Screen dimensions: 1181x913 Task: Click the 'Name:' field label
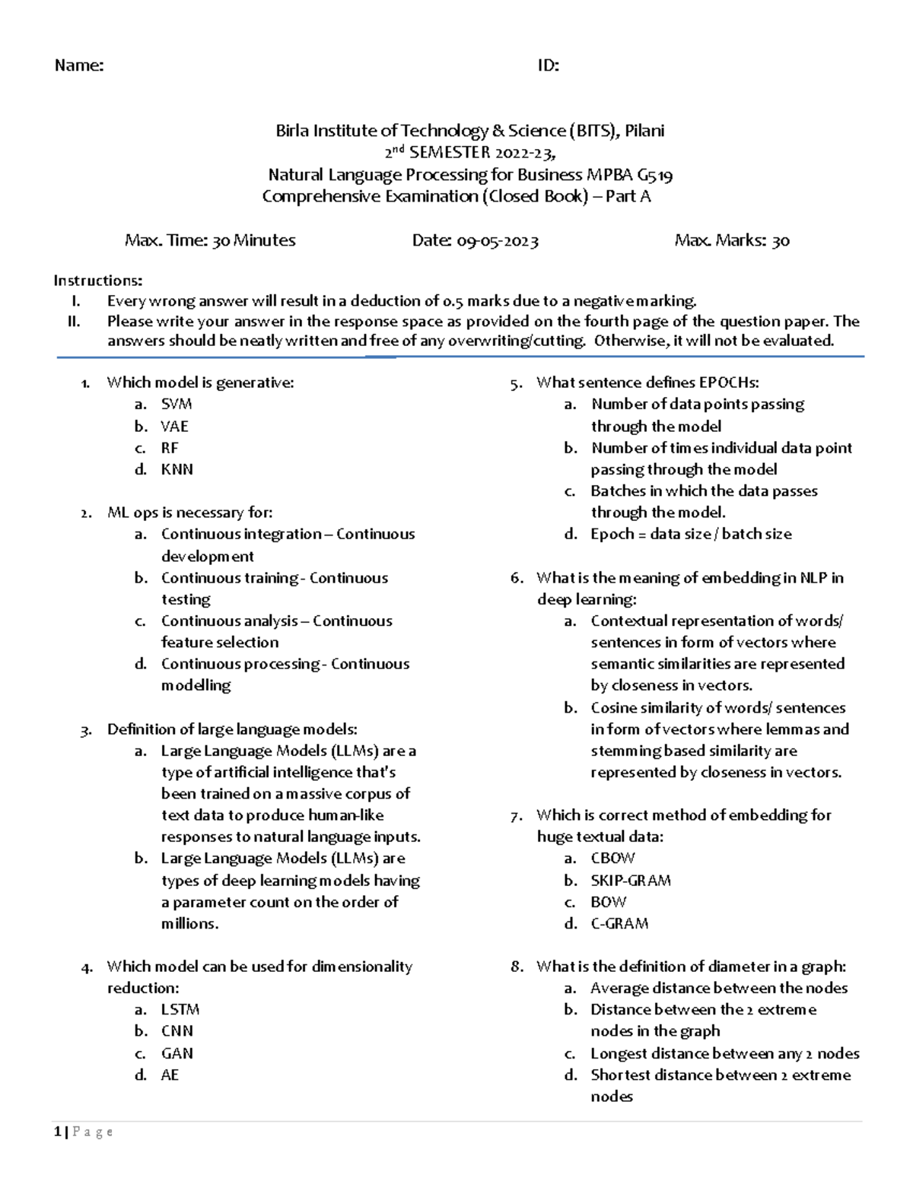point(79,65)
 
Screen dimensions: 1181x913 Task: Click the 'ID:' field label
point(548,65)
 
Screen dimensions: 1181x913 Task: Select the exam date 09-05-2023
point(498,241)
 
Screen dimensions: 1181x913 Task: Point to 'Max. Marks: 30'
point(732,241)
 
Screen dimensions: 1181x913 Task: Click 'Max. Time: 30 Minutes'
point(210,241)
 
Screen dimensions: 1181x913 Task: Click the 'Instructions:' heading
point(97,281)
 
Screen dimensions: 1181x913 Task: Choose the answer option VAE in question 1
point(174,426)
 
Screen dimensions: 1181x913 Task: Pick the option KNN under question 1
point(177,469)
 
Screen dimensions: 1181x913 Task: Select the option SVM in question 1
point(176,404)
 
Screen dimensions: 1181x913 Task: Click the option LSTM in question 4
point(180,1009)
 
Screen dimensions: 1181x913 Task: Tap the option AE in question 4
point(170,1075)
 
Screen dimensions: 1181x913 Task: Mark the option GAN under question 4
point(177,1053)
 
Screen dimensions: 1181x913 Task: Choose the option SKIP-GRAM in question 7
point(631,880)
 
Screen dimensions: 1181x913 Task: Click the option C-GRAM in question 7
point(619,923)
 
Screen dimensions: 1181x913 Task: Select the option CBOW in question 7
point(612,858)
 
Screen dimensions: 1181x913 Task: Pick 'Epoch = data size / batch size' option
point(691,534)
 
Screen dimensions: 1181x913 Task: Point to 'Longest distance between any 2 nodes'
point(724,1053)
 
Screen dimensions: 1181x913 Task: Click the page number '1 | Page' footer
point(84,1132)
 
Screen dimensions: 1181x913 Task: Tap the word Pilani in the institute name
point(644,131)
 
